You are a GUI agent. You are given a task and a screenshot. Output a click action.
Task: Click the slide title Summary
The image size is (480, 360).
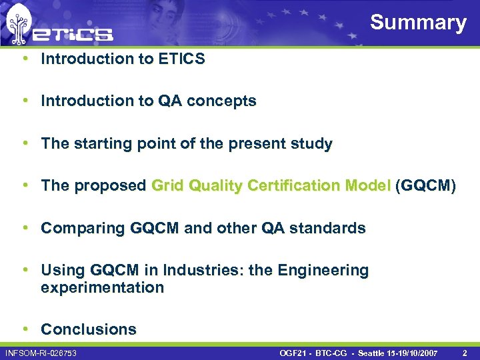point(418,22)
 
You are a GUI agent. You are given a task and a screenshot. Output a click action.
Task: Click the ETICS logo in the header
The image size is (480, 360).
point(59,27)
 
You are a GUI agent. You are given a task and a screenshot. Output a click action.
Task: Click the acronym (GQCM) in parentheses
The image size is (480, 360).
point(426,186)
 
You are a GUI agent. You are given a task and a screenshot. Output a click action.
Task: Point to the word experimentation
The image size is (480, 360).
point(102,288)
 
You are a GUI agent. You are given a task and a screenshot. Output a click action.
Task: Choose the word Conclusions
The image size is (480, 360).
point(89,329)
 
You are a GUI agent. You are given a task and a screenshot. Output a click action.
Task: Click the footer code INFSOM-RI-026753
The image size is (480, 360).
point(41,352)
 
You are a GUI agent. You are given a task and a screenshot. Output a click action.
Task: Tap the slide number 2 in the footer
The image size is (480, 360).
point(465,352)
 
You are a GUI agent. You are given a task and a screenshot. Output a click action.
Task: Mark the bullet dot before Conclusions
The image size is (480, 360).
point(25,329)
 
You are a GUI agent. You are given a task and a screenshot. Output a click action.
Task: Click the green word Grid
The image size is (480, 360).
point(168,186)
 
